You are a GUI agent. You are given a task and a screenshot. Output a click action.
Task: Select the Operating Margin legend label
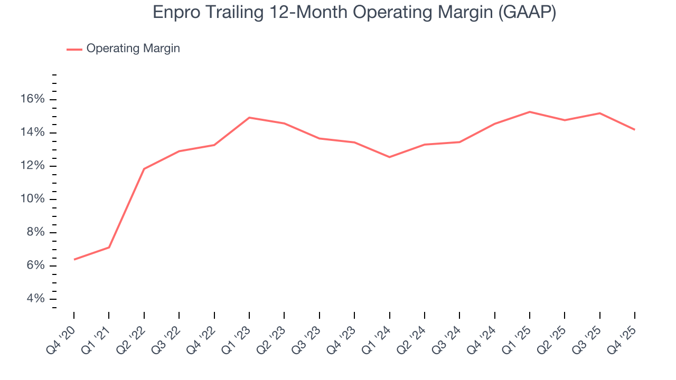133,49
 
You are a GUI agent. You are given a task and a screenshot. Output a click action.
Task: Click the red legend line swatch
74,49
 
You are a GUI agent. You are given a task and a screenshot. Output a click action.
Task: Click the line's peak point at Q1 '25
530,112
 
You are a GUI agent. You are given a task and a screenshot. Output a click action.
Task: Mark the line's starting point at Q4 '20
74,259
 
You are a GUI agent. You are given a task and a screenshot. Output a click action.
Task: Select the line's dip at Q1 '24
389,157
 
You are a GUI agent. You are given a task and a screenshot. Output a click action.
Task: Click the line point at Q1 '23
249,118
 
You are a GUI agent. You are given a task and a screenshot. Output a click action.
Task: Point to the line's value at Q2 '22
144,169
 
